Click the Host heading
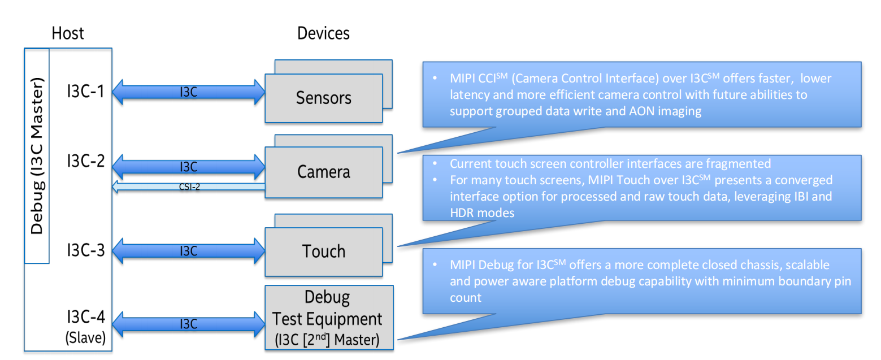pyautogui.click(x=68, y=33)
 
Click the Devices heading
pyautogui.click(x=323, y=33)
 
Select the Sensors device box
pyautogui.click(x=323, y=98)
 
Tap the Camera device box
pyautogui.click(x=323, y=172)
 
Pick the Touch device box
pyautogui.click(x=323, y=250)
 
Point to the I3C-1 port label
pyautogui.click(x=85, y=90)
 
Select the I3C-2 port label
pyautogui.click(x=85, y=161)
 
